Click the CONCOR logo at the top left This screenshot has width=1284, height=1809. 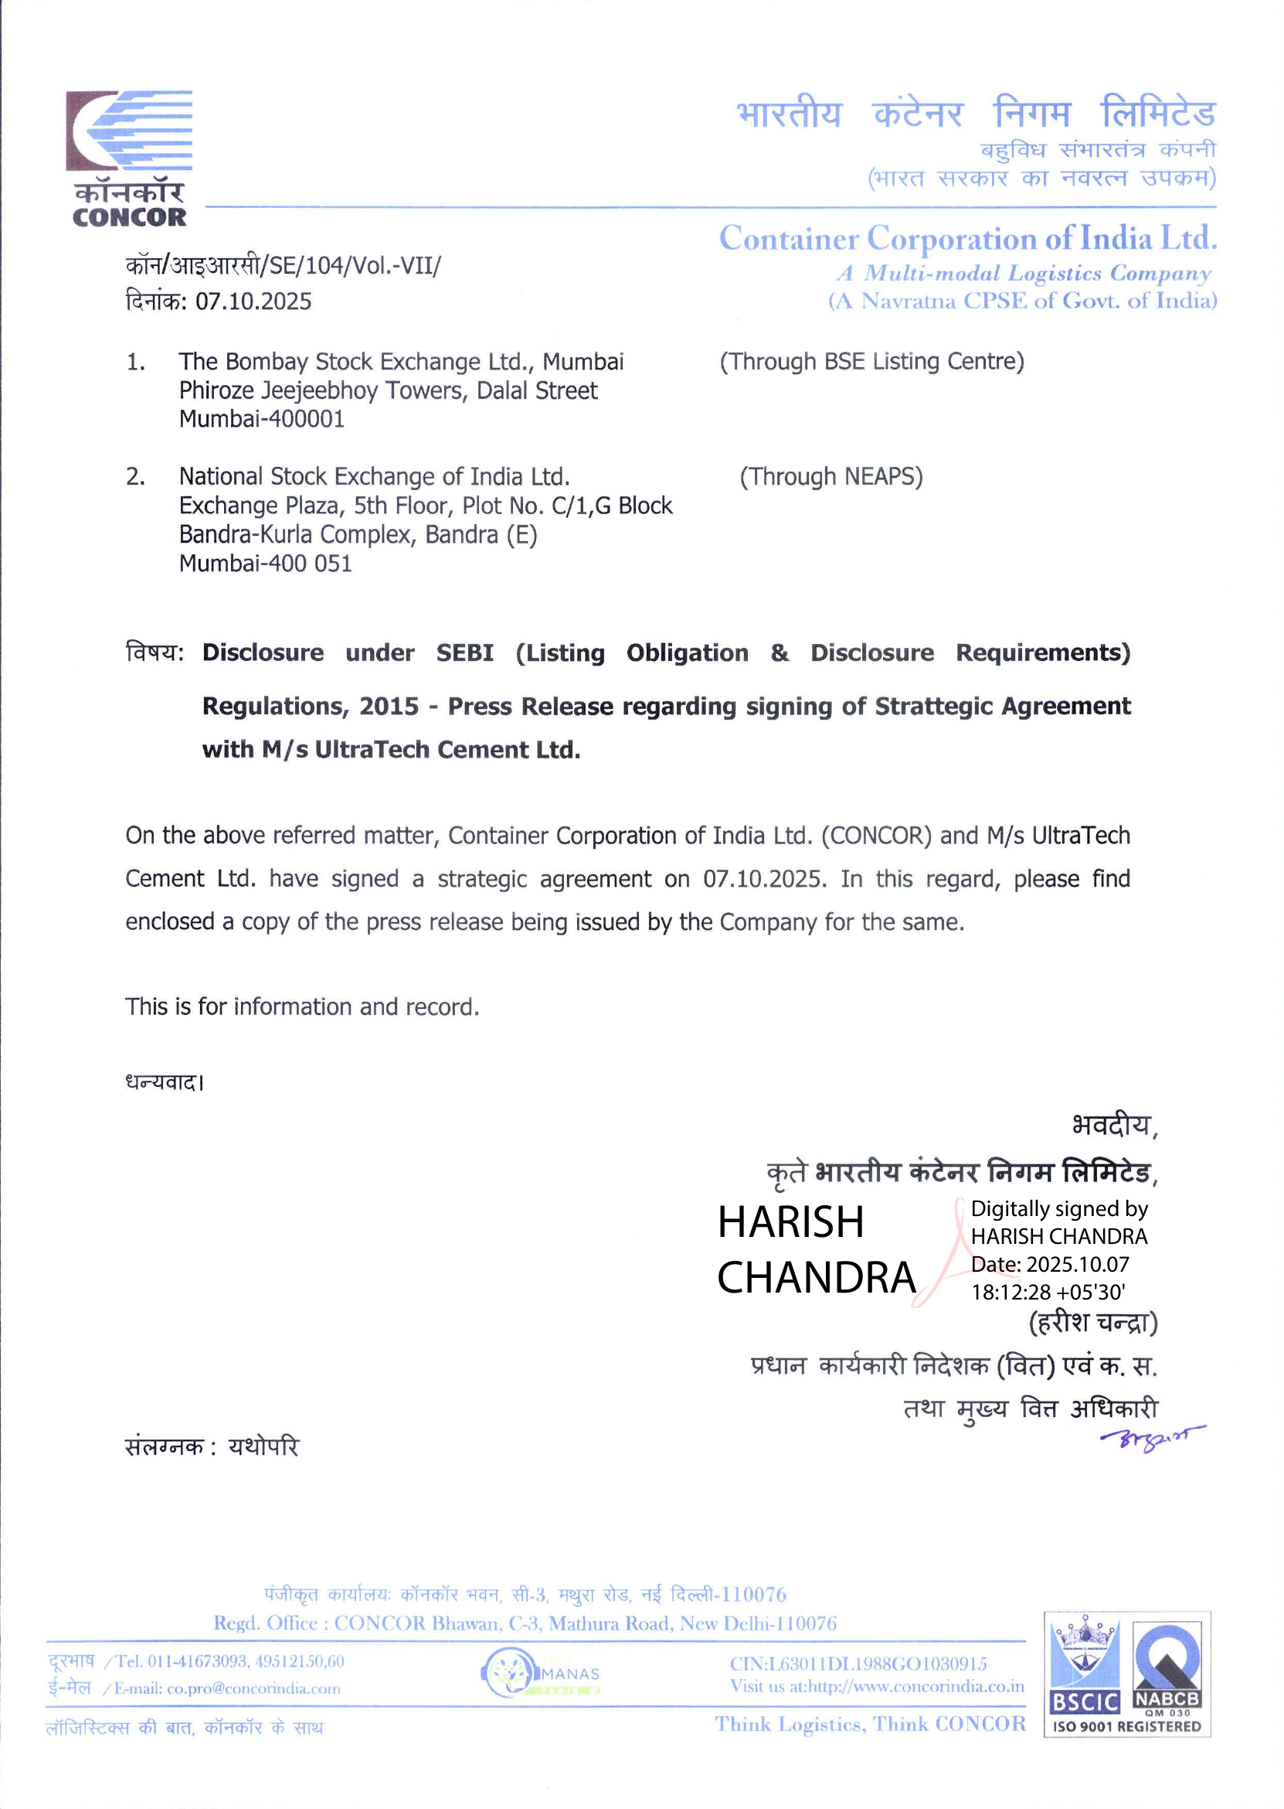coord(129,158)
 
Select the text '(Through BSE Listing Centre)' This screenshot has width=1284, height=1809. coord(871,362)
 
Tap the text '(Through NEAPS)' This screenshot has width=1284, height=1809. coord(831,476)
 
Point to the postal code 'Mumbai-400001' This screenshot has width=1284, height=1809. coord(262,418)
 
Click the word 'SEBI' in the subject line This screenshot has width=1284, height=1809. coord(465,652)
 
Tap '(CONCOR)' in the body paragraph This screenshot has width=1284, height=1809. coord(876,835)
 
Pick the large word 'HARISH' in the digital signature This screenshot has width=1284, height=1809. coord(790,1222)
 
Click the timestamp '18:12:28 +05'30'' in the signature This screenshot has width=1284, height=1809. coord(1048,1292)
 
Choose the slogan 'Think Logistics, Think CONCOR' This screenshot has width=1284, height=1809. coord(870,1725)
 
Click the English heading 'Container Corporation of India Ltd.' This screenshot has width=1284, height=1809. coord(967,238)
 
